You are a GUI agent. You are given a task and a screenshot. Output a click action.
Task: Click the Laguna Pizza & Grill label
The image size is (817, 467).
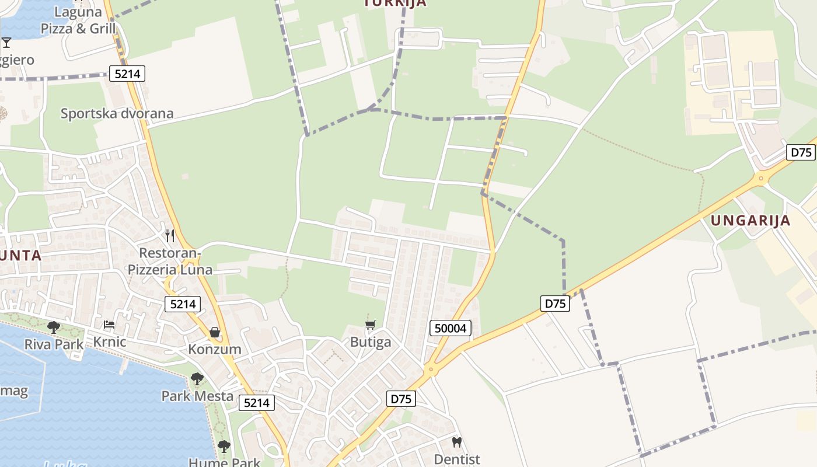78,20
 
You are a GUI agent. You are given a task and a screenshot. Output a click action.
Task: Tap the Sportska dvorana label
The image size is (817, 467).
117,113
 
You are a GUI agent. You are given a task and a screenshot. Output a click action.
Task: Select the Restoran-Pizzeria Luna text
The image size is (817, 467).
170,262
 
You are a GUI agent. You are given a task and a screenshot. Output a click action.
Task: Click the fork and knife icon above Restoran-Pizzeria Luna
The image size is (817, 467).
170,235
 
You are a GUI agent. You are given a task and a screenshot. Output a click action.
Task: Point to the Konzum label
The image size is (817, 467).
214,349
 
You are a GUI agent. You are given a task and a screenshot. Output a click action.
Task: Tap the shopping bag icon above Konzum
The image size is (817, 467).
215,332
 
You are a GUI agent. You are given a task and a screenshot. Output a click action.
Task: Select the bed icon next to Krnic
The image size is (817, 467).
109,325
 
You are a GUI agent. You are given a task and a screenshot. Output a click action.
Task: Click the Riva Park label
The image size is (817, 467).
54,344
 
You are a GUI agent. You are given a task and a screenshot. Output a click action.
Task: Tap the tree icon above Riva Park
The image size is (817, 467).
54,327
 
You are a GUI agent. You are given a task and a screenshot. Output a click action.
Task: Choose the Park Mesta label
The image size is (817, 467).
197,396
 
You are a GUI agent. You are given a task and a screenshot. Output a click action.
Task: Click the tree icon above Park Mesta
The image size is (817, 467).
197,379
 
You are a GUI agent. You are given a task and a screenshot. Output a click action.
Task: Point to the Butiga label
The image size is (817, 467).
371,342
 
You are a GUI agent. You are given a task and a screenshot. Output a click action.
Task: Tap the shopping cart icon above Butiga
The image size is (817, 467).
371,325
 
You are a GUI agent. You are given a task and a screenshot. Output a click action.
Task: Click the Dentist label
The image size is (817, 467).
457,459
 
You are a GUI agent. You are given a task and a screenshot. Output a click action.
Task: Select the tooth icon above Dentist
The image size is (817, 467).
457,442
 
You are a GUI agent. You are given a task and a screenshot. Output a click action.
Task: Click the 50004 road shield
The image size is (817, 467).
451,328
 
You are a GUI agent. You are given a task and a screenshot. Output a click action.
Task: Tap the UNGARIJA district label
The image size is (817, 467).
750,221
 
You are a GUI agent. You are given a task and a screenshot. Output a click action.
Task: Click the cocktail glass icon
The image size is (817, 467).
6,42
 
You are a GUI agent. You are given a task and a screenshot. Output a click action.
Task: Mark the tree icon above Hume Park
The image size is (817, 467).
224,447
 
